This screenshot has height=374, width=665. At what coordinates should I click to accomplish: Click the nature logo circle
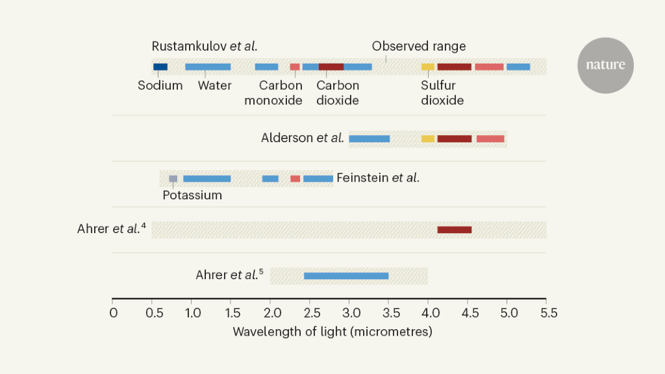[x=605, y=65]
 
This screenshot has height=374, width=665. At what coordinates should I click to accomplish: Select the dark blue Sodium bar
[x=160, y=67]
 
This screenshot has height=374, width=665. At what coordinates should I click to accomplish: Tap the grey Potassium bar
[x=173, y=179]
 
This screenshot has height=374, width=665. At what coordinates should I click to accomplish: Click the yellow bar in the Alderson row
[x=428, y=139]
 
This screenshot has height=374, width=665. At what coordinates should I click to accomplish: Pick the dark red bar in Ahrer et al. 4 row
[x=455, y=230]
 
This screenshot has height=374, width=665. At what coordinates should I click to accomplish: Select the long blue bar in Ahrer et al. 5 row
[x=346, y=276]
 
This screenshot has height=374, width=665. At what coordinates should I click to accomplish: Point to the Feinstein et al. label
[x=378, y=177]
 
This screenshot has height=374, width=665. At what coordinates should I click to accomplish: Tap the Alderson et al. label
[x=302, y=138]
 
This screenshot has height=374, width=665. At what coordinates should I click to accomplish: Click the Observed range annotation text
[x=419, y=47]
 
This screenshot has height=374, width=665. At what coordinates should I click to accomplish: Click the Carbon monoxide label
[x=273, y=93]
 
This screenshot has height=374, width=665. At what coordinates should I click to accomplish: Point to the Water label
[x=215, y=86]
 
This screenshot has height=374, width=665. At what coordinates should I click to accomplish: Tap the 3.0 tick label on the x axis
[x=349, y=314]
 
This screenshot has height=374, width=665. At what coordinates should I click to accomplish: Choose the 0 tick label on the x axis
[x=113, y=314]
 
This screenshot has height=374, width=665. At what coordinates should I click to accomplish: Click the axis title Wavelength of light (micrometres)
[x=332, y=332]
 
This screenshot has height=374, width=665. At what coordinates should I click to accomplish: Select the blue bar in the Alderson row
[x=370, y=139]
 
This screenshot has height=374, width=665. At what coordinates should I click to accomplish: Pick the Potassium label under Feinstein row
[x=192, y=195]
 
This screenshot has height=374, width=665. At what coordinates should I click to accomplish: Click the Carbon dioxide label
[x=338, y=93]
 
